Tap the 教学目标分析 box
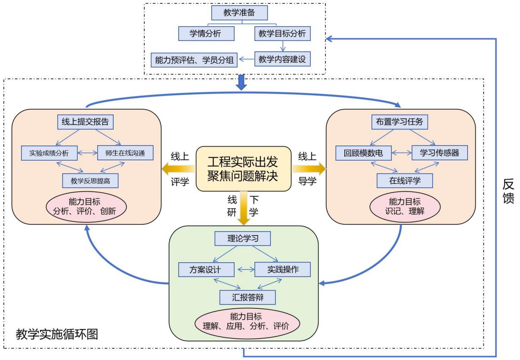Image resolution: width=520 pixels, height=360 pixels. [282, 33]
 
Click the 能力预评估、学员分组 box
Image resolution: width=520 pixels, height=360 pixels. [194, 60]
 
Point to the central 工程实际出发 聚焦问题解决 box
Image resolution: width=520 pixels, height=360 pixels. [243, 168]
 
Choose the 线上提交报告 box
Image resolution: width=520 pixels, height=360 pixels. [86, 122]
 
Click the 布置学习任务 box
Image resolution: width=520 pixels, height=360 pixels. [400, 122]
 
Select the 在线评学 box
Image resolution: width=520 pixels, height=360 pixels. [404, 180]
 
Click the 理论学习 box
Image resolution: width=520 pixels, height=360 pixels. [243, 239]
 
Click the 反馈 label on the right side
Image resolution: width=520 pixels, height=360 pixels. [508, 192]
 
